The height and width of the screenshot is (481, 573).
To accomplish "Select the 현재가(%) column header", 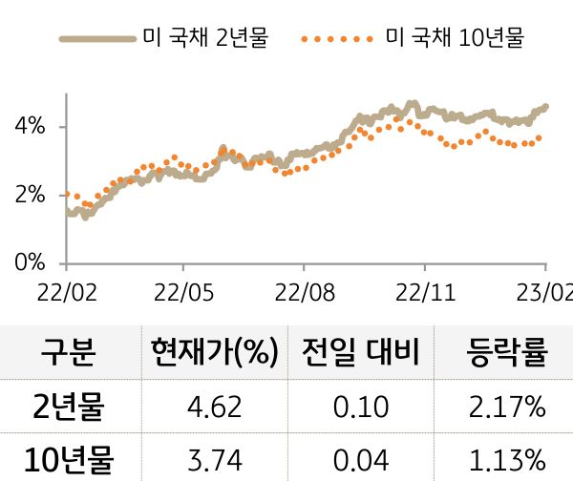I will [214, 353].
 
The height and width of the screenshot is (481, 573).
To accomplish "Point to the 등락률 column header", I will [507, 353].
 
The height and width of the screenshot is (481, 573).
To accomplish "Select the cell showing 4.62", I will [214, 408].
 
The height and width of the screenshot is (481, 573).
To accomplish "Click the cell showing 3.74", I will [214, 460].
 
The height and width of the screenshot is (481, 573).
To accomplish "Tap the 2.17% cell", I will [507, 408].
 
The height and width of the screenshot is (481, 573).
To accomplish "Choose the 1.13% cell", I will [507, 460].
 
